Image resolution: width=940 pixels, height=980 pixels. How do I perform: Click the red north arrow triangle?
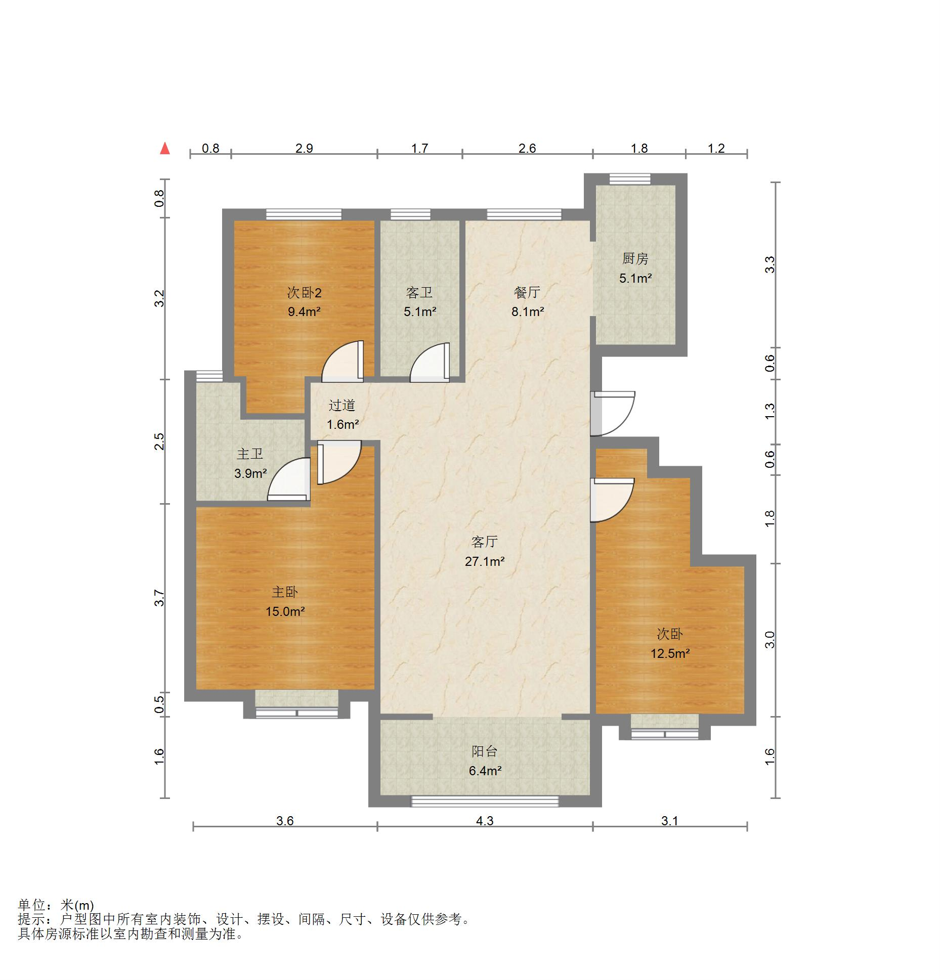point(164,148)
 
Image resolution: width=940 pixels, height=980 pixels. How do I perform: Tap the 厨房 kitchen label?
point(635,258)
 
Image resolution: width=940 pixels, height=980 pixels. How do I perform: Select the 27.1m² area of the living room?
point(485,561)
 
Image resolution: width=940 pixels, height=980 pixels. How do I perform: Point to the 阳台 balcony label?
point(485,751)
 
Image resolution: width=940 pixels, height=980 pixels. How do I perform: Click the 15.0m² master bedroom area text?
point(285,611)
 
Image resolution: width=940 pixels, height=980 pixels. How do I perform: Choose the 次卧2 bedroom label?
point(304,292)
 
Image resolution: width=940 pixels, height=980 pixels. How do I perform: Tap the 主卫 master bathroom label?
point(250,454)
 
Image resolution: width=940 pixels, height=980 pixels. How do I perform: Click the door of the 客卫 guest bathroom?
point(430,362)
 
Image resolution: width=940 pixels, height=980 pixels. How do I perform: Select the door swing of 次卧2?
point(343,361)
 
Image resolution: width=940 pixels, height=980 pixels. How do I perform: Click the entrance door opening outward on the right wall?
point(613,413)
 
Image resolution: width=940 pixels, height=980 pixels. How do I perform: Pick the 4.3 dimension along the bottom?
point(485,820)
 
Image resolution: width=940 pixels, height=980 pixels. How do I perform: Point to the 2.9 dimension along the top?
point(304,148)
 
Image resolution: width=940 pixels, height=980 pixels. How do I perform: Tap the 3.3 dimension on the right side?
point(770,264)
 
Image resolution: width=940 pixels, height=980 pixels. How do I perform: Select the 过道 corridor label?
point(342,405)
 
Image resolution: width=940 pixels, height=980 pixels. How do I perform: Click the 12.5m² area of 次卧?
point(670,653)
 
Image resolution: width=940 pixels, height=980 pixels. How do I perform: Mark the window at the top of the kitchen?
point(629,179)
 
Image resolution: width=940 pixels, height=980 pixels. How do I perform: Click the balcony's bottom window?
point(485,801)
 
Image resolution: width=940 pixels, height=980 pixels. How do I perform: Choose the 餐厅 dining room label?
point(527,292)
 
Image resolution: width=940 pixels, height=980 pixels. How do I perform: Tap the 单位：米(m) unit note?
point(56,905)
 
